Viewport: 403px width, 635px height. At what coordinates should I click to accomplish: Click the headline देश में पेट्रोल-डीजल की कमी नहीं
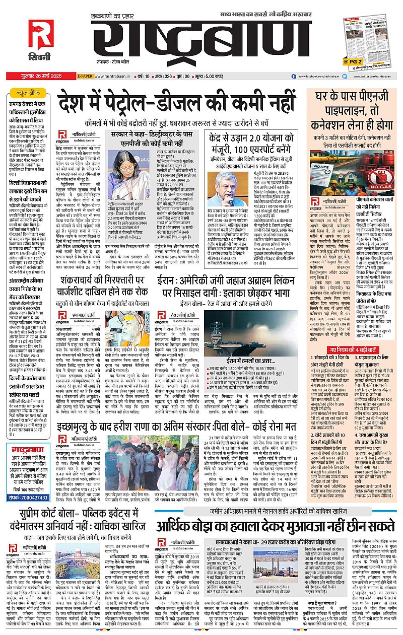click(x=176, y=102)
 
